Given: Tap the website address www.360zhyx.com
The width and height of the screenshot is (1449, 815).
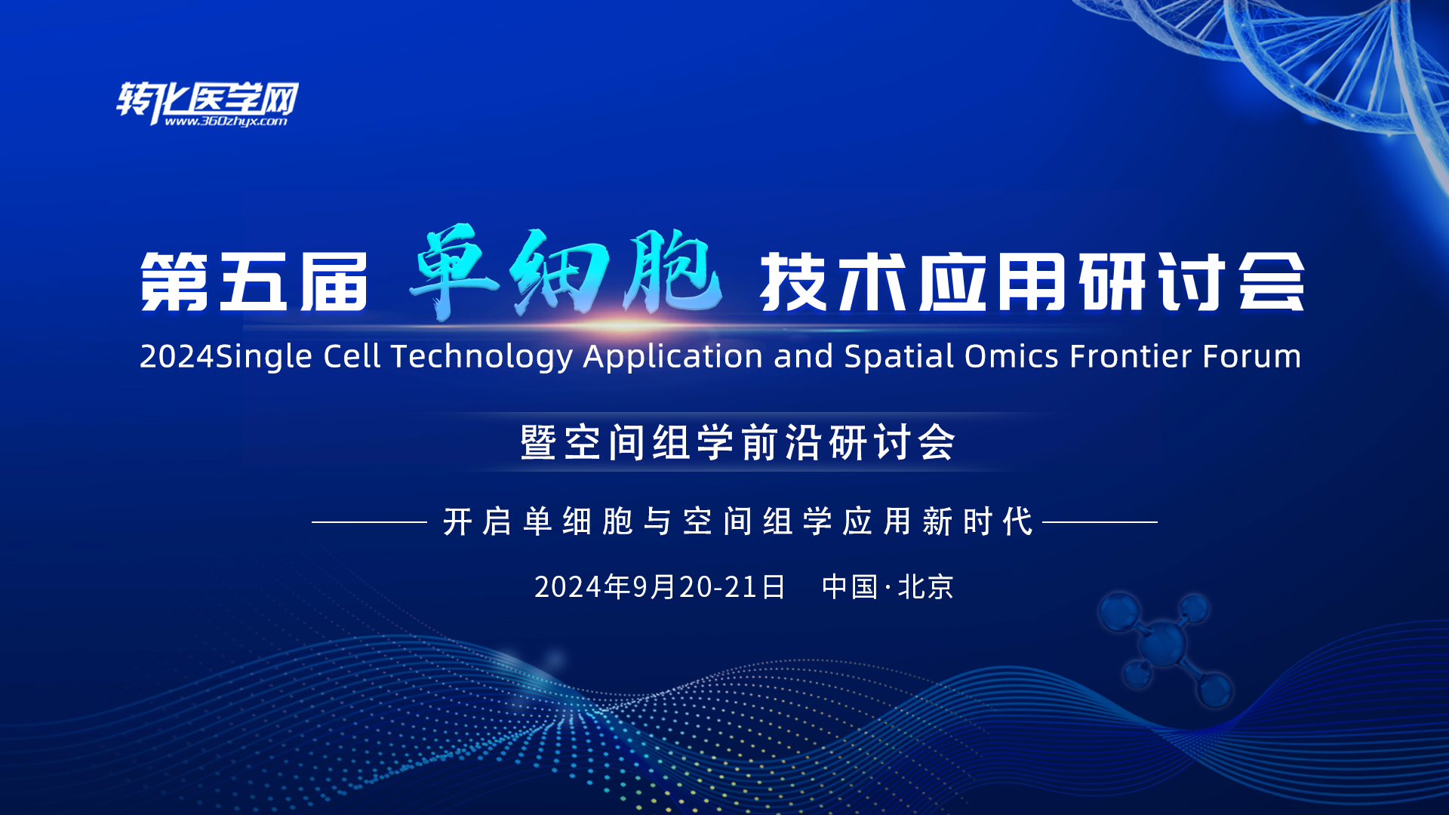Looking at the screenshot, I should [x=226, y=121].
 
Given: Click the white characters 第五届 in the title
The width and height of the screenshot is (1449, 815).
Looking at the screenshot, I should [x=254, y=282].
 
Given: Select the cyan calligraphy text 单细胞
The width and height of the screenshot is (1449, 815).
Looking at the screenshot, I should [x=565, y=273].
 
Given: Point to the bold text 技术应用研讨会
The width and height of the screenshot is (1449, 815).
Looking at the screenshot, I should [x=1032, y=282].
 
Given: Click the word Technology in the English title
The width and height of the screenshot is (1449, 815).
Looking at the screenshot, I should [x=481, y=357].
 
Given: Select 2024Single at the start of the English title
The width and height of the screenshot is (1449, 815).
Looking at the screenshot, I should [x=226, y=357].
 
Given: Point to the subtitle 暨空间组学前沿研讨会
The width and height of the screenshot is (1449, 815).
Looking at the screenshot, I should [x=738, y=442].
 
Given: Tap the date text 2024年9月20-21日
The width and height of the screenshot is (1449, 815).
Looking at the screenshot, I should [x=660, y=587].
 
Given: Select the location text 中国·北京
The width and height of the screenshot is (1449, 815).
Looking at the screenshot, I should [x=888, y=587].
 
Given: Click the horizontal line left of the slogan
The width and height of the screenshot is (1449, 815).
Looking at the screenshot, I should [x=369, y=521].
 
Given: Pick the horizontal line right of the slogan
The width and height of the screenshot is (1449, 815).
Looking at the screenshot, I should [x=1100, y=521].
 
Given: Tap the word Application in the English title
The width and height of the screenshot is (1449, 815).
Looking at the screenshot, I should [x=672, y=357].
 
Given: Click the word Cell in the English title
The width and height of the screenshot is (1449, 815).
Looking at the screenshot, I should [x=351, y=356].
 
